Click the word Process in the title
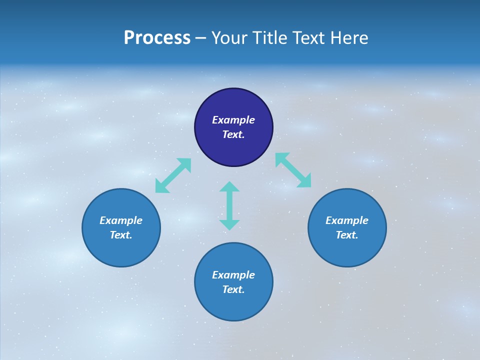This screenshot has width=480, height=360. pos(157,38)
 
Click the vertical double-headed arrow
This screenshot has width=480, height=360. pos(229,205)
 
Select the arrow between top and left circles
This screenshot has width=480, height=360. pos(173,175)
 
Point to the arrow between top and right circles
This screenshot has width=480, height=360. pos(293,170)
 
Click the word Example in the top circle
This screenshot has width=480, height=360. pos(233,120)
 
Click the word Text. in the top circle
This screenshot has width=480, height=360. pos(233,134)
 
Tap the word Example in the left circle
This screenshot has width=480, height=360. pos(121,220)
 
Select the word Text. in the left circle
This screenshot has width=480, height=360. pos(121,235)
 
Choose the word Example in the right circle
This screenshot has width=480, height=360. pos(347,220)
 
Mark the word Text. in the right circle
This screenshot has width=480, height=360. pos(347,235)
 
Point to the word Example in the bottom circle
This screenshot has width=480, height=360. pos(233,275)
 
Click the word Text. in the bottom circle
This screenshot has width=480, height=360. pos(233,289)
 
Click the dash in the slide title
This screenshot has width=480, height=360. pos(201,38)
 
